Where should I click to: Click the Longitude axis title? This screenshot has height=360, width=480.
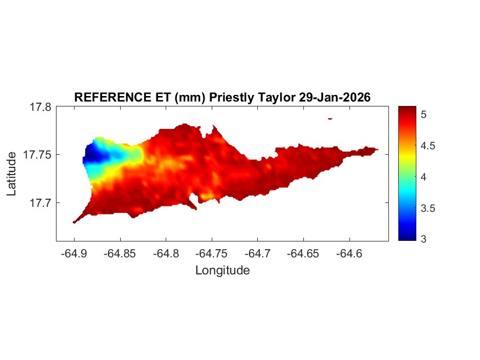point(222,270)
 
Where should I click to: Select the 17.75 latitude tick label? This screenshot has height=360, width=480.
point(37,155)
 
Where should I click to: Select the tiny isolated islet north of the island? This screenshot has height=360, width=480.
point(330,118)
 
